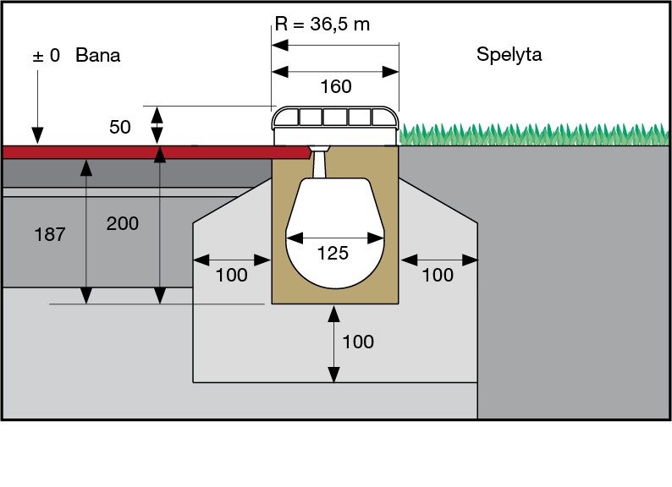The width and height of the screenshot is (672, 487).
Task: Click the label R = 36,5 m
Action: (322, 24)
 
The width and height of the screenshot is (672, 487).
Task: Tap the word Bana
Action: (98, 56)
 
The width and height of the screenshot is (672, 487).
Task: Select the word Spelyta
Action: (509, 56)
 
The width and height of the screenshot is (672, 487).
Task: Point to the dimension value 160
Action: (335, 87)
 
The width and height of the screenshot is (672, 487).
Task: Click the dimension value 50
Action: (120, 128)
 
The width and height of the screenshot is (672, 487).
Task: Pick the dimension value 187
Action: (50, 235)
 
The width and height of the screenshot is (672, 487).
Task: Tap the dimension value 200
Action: (123, 224)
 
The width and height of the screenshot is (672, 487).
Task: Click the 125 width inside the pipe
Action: (333, 253)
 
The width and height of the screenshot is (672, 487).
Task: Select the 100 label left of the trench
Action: (231, 275)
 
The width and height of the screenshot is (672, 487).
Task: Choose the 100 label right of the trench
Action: (438, 275)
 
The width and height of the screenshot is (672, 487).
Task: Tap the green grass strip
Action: (533, 134)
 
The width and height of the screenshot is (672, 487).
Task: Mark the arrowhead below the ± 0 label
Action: (37, 134)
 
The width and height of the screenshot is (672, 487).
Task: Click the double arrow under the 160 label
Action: (335, 72)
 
